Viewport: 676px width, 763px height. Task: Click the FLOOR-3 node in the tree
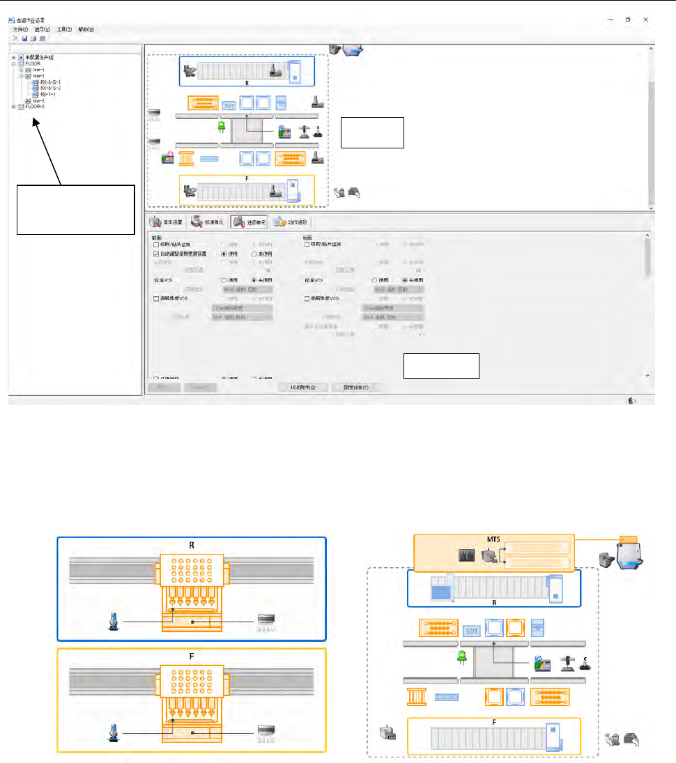point(35,107)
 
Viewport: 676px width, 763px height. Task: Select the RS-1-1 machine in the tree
point(47,95)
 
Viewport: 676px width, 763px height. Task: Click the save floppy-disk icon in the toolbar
point(24,39)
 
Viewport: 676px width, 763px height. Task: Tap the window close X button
point(647,20)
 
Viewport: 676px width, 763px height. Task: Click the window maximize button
point(628,20)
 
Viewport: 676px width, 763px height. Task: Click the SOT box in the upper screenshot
point(230,105)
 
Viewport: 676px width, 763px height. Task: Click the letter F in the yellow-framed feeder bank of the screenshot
point(247,178)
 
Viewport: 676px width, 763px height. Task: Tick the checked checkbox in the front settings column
point(156,254)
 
